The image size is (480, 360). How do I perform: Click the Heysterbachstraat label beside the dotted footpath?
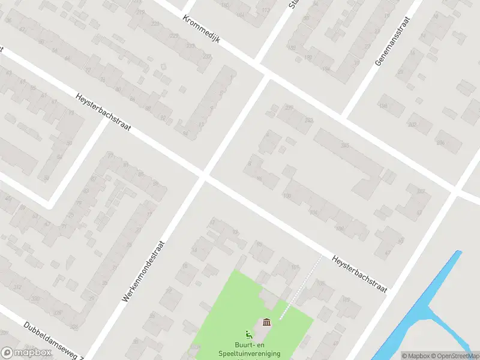(x=359, y=273)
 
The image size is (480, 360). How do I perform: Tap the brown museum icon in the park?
(x=266, y=323)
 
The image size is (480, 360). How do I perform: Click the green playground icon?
(x=248, y=334)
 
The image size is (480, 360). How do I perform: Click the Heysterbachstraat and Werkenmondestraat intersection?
(x=203, y=175)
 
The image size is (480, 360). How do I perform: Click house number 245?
(x=344, y=145)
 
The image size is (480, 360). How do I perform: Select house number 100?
(x=286, y=196)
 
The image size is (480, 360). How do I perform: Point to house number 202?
(x=412, y=125)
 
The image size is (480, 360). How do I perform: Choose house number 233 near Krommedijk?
(x=206, y=56)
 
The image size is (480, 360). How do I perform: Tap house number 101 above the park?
(x=294, y=266)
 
